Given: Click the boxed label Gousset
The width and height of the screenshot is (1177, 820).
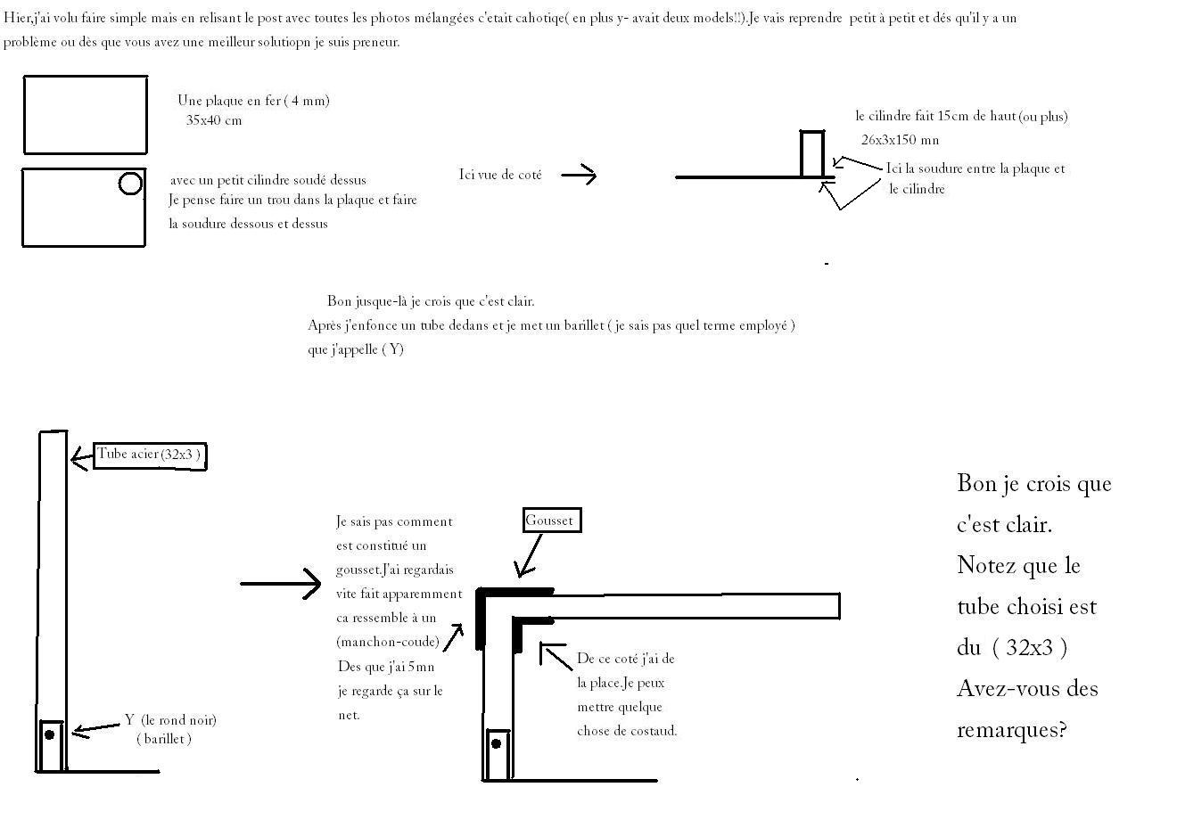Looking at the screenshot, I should (x=551, y=521).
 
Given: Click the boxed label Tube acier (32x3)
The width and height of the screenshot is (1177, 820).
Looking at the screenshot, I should (x=150, y=455).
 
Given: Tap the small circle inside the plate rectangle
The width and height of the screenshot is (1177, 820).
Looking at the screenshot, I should (x=130, y=184).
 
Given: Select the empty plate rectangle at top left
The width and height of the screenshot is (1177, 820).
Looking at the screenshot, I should (x=85, y=115).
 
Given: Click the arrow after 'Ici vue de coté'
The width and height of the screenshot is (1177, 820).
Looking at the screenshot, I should (x=578, y=175).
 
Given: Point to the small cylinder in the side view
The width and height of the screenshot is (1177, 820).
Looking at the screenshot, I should (x=811, y=154).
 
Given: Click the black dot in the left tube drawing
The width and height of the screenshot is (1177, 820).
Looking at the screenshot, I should (x=50, y=734).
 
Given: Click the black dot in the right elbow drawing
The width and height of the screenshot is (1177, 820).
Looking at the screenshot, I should (x=497, y=742).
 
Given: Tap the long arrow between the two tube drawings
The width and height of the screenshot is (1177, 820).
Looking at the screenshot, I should (x=280, y=584).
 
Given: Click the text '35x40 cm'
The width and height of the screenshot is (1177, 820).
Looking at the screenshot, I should (x=214, y=120).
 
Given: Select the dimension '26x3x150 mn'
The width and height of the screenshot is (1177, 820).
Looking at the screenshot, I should (x=900, y=140).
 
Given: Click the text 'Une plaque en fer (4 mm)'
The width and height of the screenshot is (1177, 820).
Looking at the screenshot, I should (x=253, y=101).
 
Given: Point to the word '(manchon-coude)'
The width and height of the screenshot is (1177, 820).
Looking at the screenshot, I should (x=388, y=642).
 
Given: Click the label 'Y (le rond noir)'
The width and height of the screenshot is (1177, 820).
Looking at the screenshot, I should (x=170, y=720).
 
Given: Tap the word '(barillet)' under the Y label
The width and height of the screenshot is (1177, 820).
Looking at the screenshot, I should (x=164, y=739).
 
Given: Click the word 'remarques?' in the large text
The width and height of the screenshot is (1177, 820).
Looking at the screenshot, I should (x=1012, y=730).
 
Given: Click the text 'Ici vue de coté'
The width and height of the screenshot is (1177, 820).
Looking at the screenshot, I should (x=500, y=175).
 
